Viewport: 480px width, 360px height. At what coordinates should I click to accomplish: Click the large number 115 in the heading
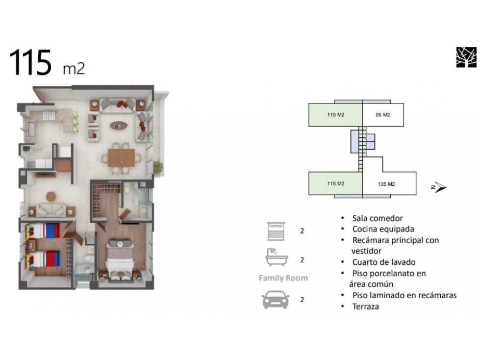point(30,63)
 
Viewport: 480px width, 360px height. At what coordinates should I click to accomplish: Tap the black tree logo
point(466,57)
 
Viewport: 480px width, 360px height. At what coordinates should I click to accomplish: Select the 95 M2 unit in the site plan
point(383,115)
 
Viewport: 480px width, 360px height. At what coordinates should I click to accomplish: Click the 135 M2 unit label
point(386,184)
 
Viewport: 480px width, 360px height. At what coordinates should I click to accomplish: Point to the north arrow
point(440,187)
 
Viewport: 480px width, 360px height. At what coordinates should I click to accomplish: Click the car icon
point(276,299)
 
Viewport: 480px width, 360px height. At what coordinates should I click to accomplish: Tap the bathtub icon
point(277,257)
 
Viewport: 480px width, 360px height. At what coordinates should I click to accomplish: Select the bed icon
point(276,231)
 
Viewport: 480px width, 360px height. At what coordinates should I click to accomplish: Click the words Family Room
point(283,278)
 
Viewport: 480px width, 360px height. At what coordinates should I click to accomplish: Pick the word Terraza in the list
point(365,307)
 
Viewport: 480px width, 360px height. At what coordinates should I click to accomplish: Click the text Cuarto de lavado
point(384,262)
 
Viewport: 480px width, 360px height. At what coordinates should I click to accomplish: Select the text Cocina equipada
point(383,229)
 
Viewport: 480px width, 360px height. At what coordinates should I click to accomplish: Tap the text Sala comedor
point(378,218)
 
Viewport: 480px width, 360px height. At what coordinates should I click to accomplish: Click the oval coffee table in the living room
point(119,125)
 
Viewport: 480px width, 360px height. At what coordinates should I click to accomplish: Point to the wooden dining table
point(121,158)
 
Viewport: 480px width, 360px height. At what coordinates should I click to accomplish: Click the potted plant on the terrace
point(158,167)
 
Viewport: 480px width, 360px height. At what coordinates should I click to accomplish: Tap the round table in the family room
point(51,197)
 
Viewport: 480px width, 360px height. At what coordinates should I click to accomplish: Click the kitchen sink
point(30,129)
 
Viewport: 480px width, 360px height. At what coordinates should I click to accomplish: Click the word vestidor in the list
point(366,251)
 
